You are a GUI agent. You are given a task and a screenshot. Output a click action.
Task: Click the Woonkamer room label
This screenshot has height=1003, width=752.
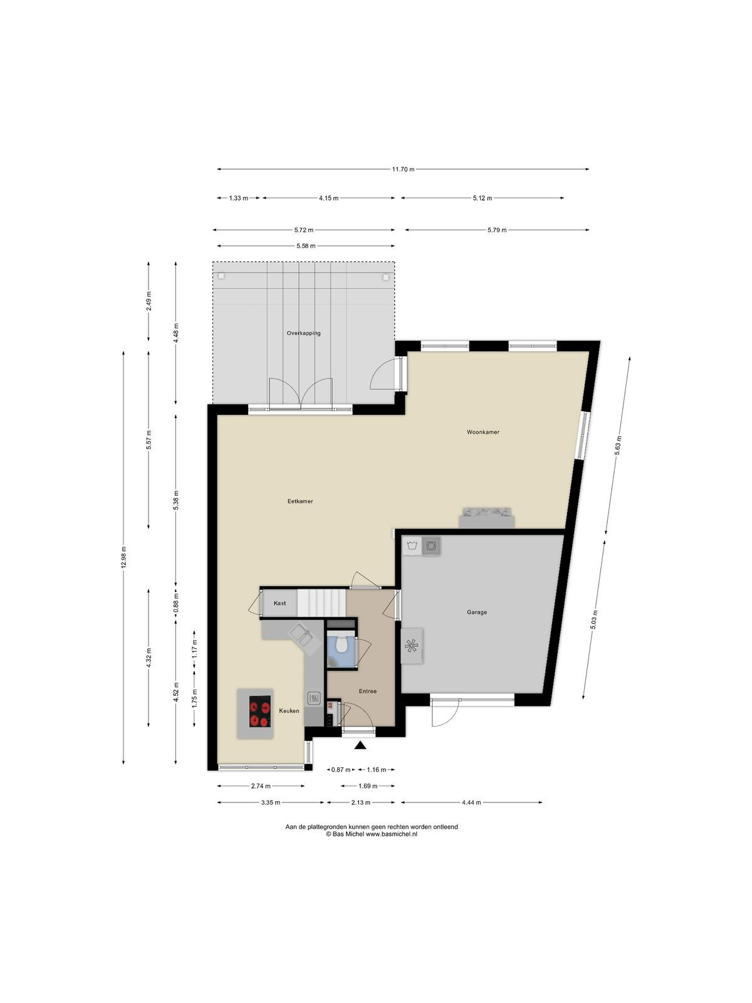(483, 432)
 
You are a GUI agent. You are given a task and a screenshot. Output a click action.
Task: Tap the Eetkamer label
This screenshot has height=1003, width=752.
(300, 501)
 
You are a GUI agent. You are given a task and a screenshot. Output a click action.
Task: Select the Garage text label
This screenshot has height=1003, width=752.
(477, 612)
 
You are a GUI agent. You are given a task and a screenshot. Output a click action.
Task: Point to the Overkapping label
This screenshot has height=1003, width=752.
(303, 333)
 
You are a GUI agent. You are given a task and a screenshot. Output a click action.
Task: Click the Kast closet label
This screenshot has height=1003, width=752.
(279, 603)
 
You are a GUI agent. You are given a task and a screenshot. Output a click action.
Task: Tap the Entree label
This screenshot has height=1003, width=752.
(368, 691)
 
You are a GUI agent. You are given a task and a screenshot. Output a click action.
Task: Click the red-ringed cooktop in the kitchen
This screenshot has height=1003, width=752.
(260, 712)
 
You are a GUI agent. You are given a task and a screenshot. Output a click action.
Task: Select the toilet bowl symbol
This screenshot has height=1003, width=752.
(340, 645)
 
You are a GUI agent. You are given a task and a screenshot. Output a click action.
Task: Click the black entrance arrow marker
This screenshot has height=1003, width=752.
(361, 746)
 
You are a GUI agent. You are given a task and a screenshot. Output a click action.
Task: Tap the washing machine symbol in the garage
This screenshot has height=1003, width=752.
(431, 545)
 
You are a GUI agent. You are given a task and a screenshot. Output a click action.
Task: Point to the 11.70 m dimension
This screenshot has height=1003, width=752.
(403, 169)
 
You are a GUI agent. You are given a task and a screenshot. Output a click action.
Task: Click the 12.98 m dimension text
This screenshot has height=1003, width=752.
(123, 557)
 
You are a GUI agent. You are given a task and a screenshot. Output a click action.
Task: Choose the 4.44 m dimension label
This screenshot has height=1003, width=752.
(471, 802)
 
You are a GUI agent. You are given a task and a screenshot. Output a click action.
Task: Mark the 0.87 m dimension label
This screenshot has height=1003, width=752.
(341, 770)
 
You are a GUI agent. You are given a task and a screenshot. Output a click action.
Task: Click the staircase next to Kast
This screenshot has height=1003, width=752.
(321, 602)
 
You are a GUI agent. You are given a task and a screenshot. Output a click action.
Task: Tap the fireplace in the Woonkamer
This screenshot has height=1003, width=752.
(487, 517)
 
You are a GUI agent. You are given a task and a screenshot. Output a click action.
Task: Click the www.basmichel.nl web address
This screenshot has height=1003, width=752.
(392, 834)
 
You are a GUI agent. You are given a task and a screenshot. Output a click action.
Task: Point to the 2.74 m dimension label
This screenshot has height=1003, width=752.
(261, 786)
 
